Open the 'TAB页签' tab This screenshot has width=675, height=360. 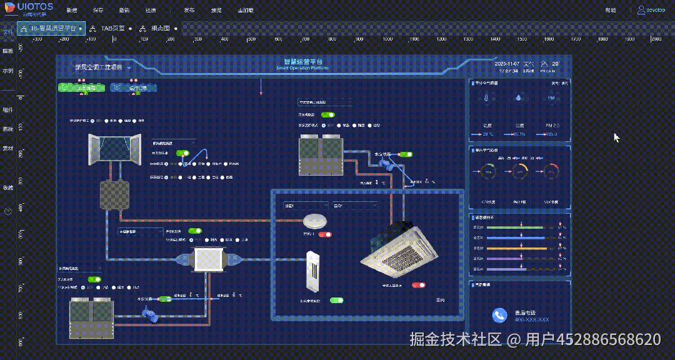point(112,28)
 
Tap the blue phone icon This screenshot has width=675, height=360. point(499,316)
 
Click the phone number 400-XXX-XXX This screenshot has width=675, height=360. point(532,319)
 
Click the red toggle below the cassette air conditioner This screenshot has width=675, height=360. point(418,285)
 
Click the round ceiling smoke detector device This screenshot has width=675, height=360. point(315,221)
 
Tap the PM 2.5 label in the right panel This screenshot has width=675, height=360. point(552,126)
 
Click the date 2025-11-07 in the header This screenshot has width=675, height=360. point(507,64)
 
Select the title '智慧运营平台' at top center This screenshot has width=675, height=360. point(302,62)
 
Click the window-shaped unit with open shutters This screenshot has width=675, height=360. point(113,149)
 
